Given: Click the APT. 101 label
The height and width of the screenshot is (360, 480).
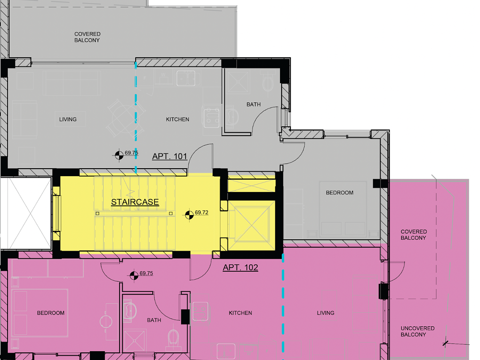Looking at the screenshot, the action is coord(170,156).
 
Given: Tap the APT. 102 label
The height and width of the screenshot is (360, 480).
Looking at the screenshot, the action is coord(240,268).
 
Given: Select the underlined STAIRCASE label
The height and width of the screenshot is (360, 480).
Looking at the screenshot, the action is coord(135,202).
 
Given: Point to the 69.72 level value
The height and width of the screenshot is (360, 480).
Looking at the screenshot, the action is coord(201,212).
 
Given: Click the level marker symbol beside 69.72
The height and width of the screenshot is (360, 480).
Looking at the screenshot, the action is coord(189,215).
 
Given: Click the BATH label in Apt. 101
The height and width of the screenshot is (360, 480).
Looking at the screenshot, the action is coord(254,105).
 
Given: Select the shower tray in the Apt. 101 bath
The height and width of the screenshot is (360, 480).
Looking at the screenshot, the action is coord(238,82).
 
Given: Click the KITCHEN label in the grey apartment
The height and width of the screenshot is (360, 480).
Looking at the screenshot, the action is coord(178,119).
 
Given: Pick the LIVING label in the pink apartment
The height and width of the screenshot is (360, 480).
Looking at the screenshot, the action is coord(326,313).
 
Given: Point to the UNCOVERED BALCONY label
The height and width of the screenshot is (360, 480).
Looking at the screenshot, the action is coord(418,331).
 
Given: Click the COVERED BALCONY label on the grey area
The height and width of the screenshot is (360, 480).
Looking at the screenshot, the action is coord(87,37).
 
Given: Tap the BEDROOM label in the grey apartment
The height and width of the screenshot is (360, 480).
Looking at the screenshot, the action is coord(339,193).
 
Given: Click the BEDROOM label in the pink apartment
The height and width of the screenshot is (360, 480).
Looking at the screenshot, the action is coord(51,313).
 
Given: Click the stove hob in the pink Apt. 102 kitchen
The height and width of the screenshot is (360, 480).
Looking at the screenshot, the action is coord(200,311).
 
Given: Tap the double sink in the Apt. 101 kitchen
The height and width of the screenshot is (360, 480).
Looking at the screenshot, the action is coord(186,78).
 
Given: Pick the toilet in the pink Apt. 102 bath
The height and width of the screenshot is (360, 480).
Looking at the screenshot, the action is coord(174,338).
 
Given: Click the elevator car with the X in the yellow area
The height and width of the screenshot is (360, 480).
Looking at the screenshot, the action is coord(251,225).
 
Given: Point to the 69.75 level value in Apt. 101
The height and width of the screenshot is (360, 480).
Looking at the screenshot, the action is coord(131,153).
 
